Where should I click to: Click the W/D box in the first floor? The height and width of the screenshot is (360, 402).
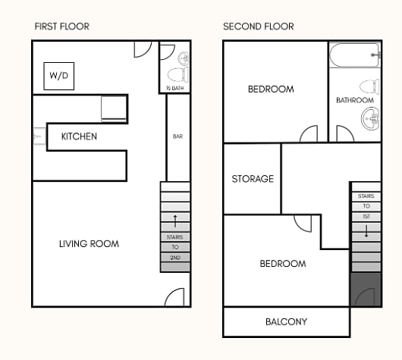coord(59,76)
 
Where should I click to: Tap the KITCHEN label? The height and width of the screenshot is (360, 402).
coord(79,136)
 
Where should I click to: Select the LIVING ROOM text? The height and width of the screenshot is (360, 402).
coord(89,244)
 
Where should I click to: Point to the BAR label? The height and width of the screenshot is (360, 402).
coord(178,136)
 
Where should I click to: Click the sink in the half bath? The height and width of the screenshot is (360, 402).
coord(184,58)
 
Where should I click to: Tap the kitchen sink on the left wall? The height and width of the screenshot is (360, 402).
coord(39,136)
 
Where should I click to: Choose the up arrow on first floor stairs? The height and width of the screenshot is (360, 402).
coord(175,221)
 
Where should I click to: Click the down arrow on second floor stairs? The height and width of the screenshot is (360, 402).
coord(366,230)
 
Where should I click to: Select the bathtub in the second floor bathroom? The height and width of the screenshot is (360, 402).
coord(355,55)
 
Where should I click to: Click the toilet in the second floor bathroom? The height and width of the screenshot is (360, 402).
coord(369,86)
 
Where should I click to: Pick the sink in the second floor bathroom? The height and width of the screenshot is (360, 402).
coord(370,119)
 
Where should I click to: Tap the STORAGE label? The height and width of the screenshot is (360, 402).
coord(253,179)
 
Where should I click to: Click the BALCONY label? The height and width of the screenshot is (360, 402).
coord(287,322)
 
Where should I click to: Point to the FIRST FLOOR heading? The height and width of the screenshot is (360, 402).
coord(62,27)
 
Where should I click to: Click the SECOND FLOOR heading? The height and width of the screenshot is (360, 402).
coord(259,27)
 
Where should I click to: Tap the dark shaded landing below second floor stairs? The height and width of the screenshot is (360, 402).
coord(366,290)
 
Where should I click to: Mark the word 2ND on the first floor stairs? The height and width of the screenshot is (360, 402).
coord(175,258)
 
